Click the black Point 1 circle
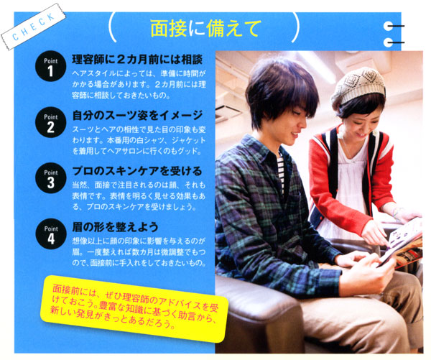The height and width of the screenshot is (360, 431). tap(50, 66)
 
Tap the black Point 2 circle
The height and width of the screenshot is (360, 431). tap(50, 122)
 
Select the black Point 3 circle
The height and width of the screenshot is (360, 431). tap(51, 177)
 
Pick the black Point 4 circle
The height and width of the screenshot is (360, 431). tap(51, 234)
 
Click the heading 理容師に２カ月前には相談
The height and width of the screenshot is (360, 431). tap(137, 59)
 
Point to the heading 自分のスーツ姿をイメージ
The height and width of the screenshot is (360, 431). tap(137, 115)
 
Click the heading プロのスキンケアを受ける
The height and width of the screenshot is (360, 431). tap(137, 171)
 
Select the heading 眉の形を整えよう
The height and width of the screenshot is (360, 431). tap(116, 227)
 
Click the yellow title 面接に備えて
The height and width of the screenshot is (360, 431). tap(204, 28)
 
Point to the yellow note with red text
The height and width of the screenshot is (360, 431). tap(134, 308)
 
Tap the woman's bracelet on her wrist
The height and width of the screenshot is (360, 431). tap(395, 214)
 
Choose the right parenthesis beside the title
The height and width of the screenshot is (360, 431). tap(295, 27)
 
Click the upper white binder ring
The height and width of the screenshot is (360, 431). tap(389, 26)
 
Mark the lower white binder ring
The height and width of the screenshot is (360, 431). tap(389, 42)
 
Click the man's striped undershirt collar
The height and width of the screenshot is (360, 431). tap(280, 170)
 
